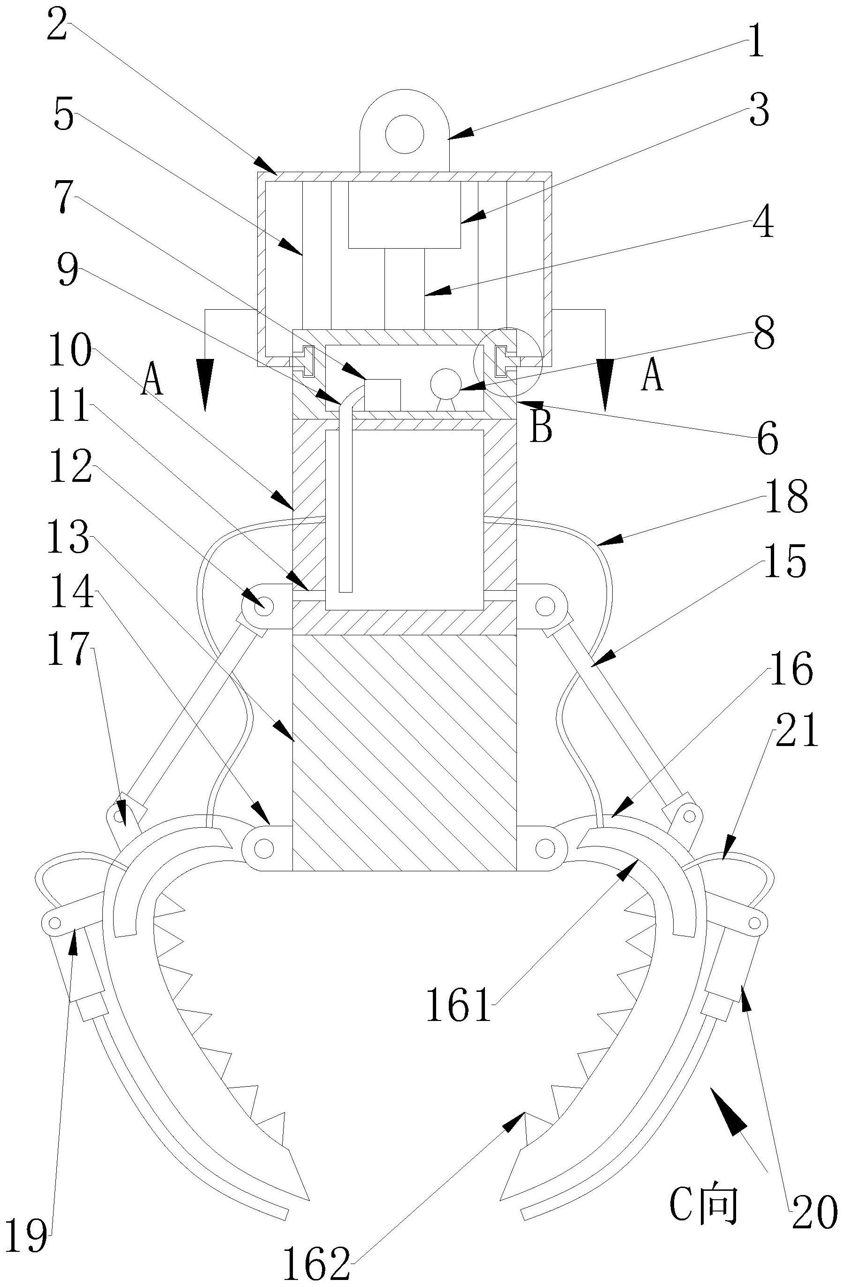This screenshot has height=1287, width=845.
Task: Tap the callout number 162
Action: coord(317,1263)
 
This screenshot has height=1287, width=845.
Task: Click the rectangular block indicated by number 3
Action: coord(405,215)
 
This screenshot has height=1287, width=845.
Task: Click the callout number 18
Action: coord(787,497)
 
